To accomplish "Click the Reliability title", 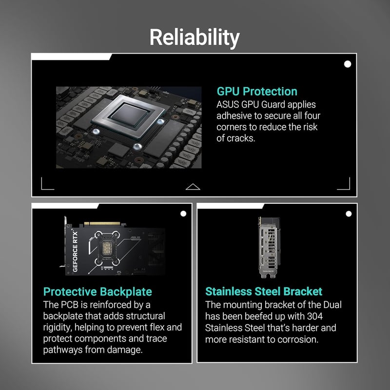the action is [195, 38].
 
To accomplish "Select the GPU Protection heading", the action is [257, 91].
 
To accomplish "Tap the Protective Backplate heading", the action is [97, 292].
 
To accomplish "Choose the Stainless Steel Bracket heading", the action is [264, 291].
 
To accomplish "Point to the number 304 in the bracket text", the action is [315, 316].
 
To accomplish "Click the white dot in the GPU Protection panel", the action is [348, 64].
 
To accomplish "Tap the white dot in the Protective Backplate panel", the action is [183, 214].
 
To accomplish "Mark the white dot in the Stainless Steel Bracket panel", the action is [349, 214].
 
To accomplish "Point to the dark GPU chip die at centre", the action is [129, 115].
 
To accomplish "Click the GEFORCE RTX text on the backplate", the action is [75, 252].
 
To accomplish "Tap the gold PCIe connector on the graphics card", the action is [102, 224].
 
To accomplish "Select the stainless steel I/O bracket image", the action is [269, 248].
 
